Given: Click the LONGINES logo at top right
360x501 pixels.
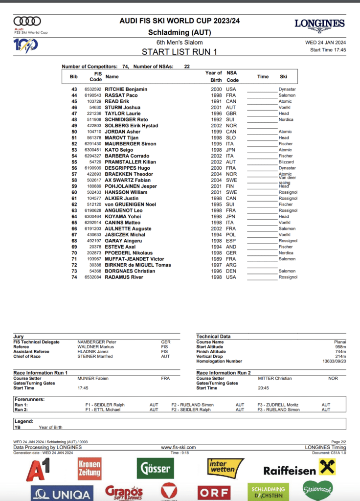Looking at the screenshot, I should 319,23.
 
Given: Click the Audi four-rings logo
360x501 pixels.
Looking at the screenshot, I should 27,21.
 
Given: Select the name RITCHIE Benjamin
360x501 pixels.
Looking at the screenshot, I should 126,89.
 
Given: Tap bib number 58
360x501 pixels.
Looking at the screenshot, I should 74,180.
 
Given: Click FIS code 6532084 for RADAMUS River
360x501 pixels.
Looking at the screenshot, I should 92,277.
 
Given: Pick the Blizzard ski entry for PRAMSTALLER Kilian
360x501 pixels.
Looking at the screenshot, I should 286,162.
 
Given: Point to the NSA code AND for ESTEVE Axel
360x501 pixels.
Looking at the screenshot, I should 231,247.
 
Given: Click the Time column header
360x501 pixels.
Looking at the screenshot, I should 263,77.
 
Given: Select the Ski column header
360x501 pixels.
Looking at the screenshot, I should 283,77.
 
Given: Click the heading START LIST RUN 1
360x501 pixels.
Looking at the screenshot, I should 180,51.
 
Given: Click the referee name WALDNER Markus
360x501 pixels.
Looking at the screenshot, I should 95,347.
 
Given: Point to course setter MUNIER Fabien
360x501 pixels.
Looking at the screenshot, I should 93,378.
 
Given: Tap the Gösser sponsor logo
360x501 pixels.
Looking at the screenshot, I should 155,468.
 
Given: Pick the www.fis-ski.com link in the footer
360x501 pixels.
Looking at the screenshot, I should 178,447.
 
